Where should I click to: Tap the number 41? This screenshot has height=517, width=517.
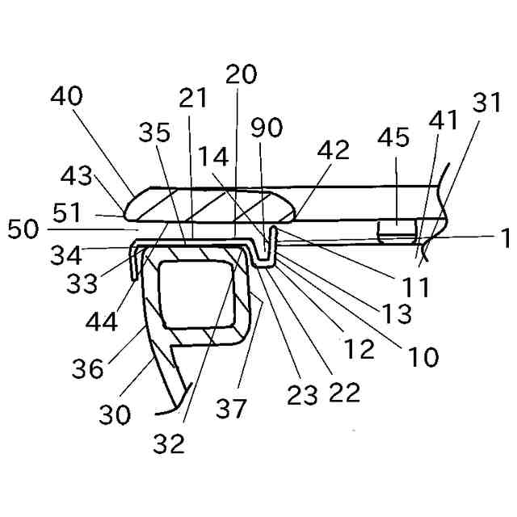443,121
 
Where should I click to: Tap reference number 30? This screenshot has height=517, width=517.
116,414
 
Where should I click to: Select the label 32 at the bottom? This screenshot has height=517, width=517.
170,442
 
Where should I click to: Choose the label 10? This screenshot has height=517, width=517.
423,355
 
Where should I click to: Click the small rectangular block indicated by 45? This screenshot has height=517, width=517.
397,231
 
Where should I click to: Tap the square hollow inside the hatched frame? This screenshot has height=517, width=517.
200,294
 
